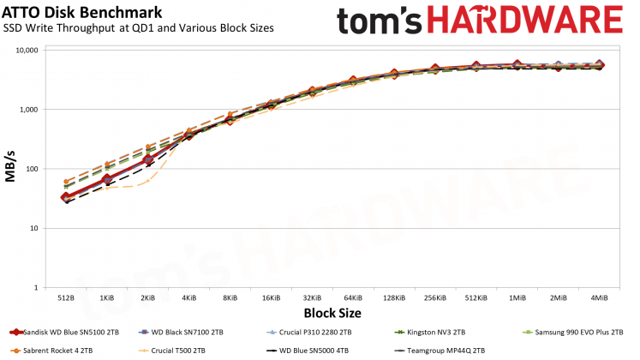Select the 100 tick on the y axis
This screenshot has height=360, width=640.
tap(33, 169)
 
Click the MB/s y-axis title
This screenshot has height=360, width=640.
tap(12, 169)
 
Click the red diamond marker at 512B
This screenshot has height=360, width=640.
tap(66, 198)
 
